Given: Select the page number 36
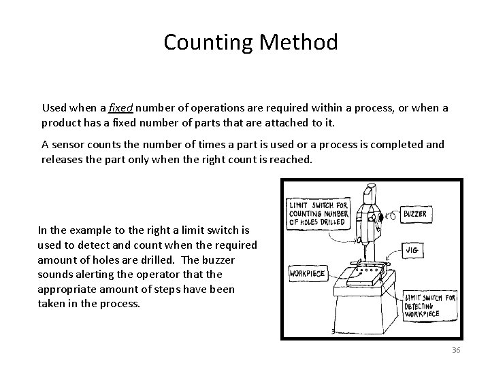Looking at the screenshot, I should [x=456, y=349].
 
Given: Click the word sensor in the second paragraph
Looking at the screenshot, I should [x=68, y=144].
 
